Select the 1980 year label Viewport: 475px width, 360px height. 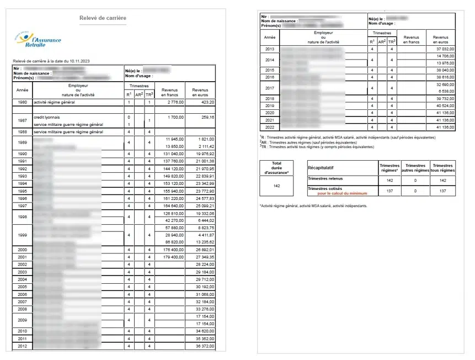22,102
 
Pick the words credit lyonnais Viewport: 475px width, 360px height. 47,117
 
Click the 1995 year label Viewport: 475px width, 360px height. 22,190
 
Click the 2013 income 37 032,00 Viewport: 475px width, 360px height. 444,50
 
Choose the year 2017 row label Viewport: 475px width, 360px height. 270,88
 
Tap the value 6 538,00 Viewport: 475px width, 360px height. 446,91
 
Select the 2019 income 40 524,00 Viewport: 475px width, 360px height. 444,105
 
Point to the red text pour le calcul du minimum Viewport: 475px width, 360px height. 341,194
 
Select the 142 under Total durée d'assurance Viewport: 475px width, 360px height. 277,186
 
